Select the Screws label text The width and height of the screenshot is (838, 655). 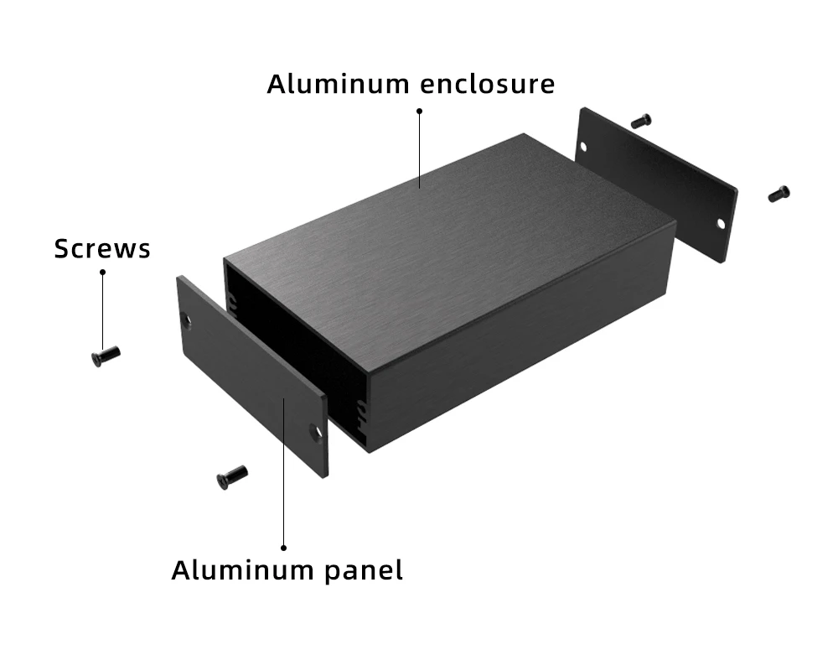point(102,248)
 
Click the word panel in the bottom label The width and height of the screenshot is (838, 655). point(364,570)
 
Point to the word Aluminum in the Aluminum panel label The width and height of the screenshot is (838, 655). point(242,570)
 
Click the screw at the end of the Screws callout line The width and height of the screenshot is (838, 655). point(106,356)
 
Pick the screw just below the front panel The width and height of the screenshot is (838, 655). point(232,477)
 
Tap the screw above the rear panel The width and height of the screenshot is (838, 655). point(641,121)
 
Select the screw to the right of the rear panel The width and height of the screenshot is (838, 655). point(779,194)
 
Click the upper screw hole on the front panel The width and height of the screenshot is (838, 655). point(186,320)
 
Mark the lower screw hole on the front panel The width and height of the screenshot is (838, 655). point(315,433)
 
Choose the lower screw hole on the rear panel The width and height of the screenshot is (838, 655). point(719,225)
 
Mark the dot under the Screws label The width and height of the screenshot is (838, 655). point(102,272)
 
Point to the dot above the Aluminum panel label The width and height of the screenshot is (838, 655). point(284,547)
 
